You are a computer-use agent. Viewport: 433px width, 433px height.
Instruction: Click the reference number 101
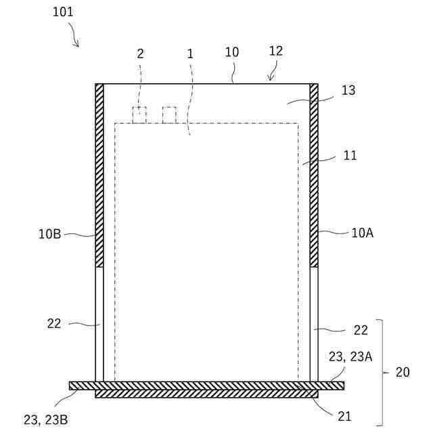63,12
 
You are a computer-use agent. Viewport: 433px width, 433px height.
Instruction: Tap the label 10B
50,235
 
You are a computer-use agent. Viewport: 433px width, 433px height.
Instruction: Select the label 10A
363,233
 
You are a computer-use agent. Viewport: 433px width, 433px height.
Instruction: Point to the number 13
349,91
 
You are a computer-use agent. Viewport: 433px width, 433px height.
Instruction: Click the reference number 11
350,155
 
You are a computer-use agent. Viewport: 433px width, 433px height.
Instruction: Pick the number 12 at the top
275,51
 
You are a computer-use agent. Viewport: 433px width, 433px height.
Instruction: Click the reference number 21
344,416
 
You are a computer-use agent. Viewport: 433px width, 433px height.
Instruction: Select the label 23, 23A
350,357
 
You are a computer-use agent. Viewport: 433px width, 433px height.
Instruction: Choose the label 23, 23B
46,420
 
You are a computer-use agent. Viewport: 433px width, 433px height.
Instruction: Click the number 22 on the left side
54,323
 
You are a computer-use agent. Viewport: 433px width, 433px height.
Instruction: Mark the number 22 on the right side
361,330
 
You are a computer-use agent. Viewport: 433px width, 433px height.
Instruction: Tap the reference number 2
140,54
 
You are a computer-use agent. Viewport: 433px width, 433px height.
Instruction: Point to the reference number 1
190,54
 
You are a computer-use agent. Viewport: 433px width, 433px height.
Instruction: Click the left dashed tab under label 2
139,115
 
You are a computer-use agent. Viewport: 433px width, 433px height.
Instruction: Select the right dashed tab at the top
169,115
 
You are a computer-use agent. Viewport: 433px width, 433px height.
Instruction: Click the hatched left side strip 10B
99,175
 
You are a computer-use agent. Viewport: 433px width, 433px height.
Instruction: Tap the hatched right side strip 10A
314,175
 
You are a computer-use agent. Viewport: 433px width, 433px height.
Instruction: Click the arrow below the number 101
74,39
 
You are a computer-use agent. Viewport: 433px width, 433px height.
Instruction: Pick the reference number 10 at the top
232,52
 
